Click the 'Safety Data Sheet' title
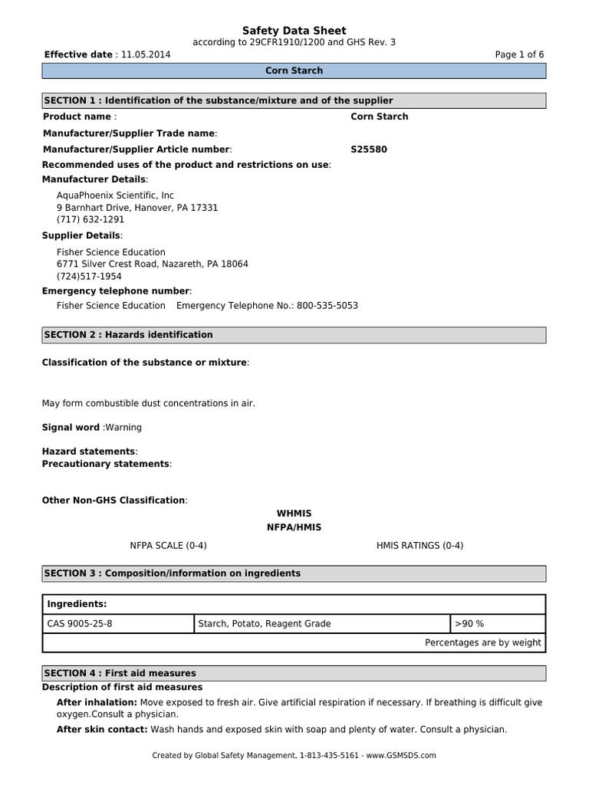point(294,30)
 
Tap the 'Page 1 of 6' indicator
point(519,54)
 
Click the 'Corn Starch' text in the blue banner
point(294,71)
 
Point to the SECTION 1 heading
point(219,100)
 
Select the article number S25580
point(369,149)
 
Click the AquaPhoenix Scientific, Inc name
point(115,195)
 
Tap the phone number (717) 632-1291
point(90,219)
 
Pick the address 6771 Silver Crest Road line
point(152,264)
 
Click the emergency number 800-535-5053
point(327,305)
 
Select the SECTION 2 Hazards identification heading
point(129,335)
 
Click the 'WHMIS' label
point(294,513)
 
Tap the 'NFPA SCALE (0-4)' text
point(168,545)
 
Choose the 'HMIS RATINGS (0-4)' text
point(420,545)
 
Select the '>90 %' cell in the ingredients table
point(469,623)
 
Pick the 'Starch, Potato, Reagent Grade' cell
point(265,623)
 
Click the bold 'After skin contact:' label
point(102,729)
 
